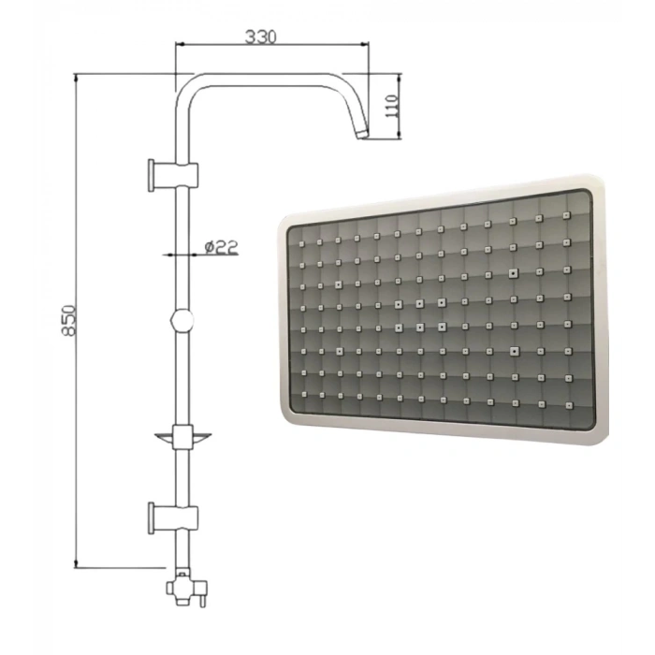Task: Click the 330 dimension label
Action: tap(261, 37)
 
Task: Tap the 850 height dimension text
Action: tap(68, 320)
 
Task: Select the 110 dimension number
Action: tap(391, 106)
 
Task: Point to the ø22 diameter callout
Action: tap(222, 247)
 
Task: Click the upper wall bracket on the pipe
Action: tap(173, 176)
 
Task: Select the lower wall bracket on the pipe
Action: tap(173, 518)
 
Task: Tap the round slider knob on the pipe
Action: tap(182, 321)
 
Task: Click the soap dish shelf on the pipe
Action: tap(183, 437)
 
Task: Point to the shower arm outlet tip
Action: tap(363, 134)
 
